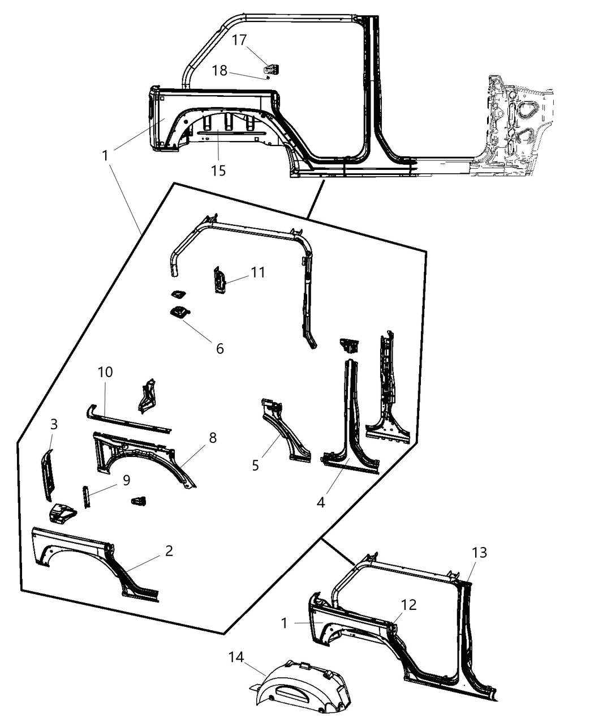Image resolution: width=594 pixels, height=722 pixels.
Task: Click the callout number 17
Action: click(239, 40)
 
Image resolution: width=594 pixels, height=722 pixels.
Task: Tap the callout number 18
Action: click(219, 71)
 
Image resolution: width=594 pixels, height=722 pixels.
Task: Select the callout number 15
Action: click(218, 170)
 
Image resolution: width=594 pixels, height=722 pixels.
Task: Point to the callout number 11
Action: click(258, 272)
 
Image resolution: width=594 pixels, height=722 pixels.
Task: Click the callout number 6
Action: click(219, 348)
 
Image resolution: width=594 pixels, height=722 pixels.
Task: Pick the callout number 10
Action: click(105, 372)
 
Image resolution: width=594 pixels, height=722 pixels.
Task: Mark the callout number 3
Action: click(54, 424)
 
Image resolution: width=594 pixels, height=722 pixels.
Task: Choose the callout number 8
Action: click(212, 438)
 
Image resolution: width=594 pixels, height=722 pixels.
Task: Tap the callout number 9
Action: click(126, 480)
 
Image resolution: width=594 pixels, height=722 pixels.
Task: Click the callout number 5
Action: click(256, 465)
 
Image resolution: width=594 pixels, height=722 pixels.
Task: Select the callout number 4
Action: click(321, 502)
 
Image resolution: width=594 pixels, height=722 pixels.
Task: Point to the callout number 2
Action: click(169, 550)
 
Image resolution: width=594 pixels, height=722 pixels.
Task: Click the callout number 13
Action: click(479, 552)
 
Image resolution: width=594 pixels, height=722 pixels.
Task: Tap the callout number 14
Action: click(236, 657)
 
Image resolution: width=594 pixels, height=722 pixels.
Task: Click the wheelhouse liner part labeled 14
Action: click(305, 688)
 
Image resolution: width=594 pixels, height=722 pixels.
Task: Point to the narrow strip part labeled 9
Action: click(87, 497)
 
